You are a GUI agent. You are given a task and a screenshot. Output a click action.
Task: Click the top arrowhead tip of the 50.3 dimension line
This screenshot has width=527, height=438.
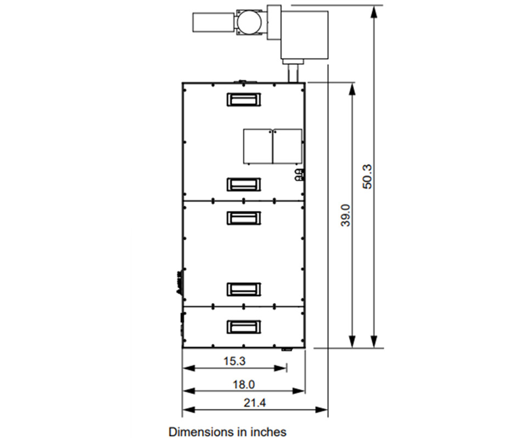(374, 5)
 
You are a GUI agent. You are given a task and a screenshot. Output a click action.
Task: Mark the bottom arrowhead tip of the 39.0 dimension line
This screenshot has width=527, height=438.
(352, 347)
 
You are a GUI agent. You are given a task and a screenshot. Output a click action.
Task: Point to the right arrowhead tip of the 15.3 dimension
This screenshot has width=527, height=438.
(287, 368)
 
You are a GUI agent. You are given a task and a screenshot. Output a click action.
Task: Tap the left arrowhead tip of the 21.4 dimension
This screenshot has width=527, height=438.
(182, 410)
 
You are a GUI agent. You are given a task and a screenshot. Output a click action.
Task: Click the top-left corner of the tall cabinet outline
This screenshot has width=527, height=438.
(182, 83)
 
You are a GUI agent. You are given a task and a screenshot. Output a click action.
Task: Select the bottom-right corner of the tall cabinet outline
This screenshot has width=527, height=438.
(305, 347)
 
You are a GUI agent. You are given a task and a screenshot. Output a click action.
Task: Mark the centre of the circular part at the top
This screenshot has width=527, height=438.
(249, 22)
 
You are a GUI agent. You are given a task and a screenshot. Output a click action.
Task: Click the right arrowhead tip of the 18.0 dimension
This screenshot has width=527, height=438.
(305, 391)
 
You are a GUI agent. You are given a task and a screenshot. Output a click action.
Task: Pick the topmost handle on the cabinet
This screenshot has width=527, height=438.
(244, 99)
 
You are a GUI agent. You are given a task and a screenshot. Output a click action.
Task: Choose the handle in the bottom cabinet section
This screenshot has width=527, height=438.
(244, 327)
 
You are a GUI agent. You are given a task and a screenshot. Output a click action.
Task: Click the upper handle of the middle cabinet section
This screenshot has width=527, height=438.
(244, 218)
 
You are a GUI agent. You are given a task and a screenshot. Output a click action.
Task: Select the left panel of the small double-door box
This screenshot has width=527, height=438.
(258, 146)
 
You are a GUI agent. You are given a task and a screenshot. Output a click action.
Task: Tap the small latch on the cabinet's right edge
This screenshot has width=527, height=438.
(299, 175)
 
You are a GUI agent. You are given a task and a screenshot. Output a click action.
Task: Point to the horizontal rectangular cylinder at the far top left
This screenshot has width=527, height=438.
(213, 23)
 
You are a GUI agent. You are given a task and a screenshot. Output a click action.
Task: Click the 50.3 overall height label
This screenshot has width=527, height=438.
(367, 177)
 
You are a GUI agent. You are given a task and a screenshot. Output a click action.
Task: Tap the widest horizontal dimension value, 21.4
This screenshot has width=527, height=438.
(255, 403)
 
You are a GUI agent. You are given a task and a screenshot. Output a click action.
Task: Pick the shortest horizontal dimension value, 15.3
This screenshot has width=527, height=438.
(234, 361)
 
